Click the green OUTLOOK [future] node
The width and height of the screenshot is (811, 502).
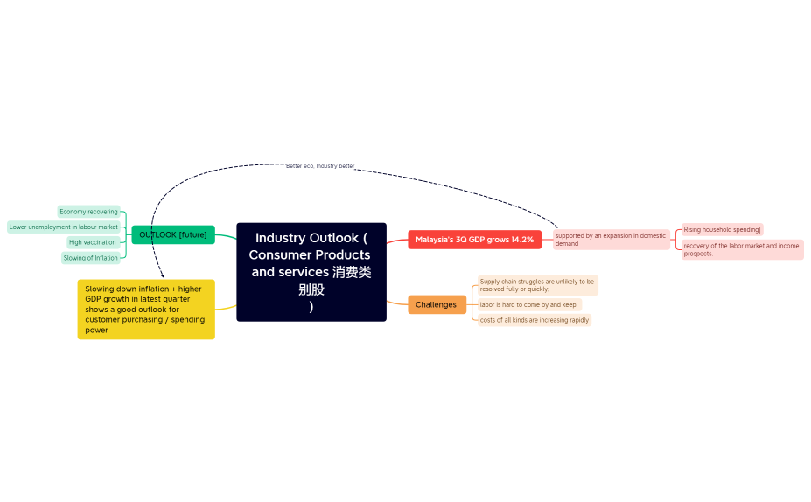(173, 234)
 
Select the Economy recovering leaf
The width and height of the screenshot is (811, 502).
(88, 212)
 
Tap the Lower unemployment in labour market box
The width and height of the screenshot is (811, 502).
(64, 227)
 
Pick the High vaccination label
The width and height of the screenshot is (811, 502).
(93, 242)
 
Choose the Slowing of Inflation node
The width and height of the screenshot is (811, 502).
(91, 258)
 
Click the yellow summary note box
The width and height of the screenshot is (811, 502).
(146, 310)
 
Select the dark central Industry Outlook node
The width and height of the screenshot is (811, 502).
(311, 272)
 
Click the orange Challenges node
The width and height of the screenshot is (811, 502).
(436, 304)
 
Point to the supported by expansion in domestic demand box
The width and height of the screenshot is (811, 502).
(611, 240)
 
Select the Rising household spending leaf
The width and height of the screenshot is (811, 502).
(722, 229)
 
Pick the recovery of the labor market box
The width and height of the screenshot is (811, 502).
(742, 250)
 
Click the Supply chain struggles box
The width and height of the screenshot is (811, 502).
(537, 285)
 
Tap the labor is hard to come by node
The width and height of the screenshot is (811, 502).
(529, 304)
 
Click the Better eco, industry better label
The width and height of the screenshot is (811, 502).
(320, 165)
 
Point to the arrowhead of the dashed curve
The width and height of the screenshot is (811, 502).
(163, 275)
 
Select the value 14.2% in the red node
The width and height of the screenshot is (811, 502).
(522, 240)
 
